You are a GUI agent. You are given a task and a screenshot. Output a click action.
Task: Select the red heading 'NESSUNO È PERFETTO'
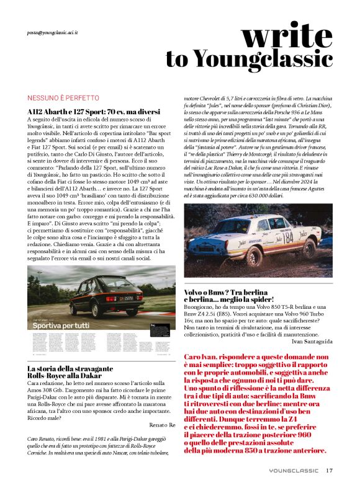(63, 98)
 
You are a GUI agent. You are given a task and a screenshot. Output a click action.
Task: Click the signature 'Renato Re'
(164, 425)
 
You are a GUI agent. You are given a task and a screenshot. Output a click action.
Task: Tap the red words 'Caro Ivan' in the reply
(202, 357)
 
